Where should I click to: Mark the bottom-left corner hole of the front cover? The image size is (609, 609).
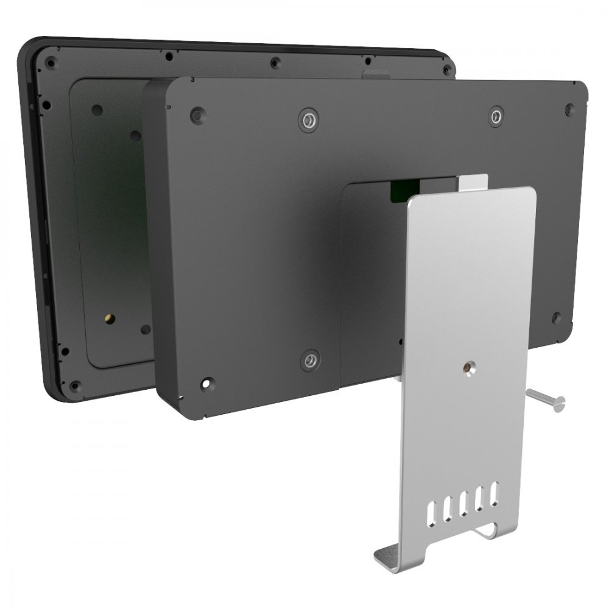point(208,384)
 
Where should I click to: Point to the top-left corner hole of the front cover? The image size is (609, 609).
point(196,114)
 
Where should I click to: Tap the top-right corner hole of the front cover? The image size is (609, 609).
point(569,110)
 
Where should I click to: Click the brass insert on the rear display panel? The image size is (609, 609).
point(109,319)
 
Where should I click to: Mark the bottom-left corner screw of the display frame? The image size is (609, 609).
point(74,385)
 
